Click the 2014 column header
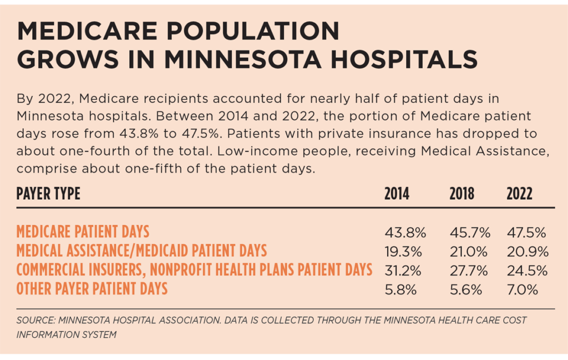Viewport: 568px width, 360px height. [397, 194]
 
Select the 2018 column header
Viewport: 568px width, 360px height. [461, 194]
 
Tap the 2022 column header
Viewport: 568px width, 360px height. [519, 194]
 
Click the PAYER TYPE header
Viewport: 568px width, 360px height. [48, 194]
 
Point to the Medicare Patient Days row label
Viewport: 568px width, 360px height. [83, 231]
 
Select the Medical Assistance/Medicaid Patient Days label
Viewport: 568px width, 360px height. [141, 251]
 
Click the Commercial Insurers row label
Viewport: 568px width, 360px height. [194, 270]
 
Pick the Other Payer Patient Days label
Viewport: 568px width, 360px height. [92, 289]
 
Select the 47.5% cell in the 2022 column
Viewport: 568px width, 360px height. [526, 232]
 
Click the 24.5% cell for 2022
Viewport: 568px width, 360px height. [527, 270]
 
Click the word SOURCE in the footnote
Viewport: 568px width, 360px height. [33, 321]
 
